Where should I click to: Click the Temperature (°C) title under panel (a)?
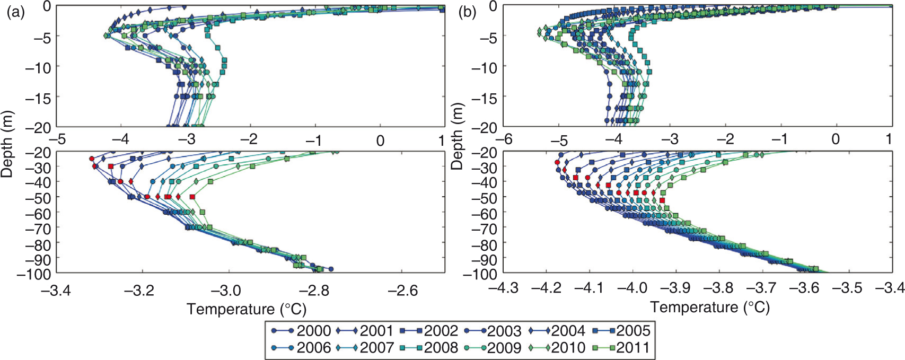coord(247,309)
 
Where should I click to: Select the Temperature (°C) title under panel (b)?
coord(709,307)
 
